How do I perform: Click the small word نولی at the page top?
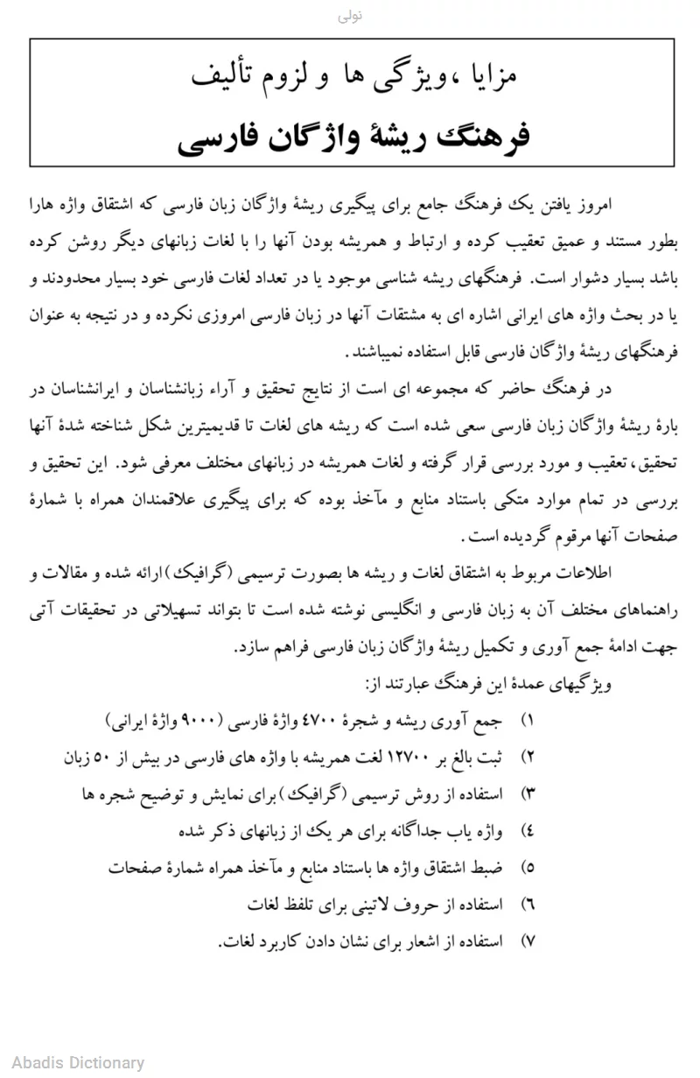(x=350, y=17)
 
